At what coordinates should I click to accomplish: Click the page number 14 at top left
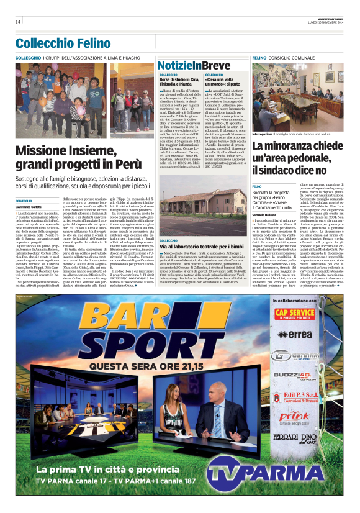(x=18, y=22)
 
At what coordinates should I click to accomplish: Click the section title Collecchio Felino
(x=63, y=43)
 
